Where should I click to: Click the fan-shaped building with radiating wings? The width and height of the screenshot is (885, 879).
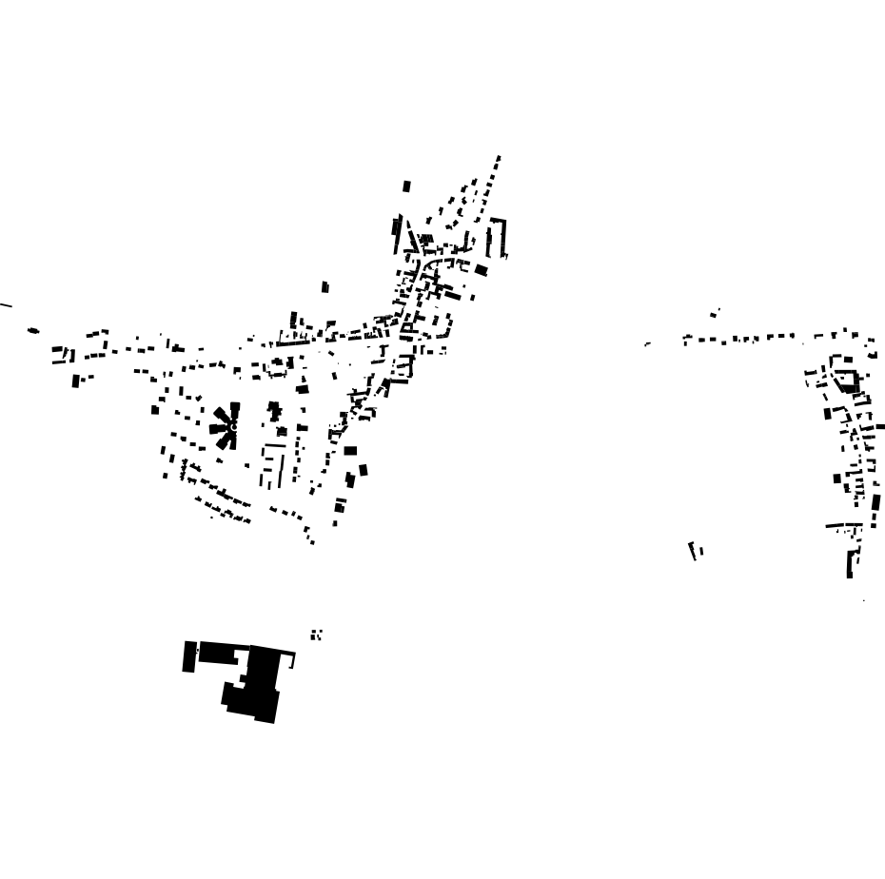(226, 426)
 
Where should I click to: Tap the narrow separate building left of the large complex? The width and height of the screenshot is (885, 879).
(188, 656)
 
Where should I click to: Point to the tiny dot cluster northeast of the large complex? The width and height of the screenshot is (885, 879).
(316, 635)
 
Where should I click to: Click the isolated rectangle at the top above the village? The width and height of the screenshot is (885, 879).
(406, 186)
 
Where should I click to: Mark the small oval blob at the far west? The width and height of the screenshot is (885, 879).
(33, 331)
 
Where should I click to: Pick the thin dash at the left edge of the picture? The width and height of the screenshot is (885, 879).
(5, 305)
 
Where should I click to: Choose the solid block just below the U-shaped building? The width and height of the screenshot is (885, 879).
(482, 270)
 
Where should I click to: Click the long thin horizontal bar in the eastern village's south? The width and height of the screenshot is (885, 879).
(841, 524)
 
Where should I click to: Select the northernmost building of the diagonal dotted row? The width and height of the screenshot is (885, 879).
(498, 158)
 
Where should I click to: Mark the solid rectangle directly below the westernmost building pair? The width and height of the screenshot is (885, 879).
(76, 381)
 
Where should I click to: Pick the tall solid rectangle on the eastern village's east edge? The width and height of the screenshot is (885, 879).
(875, 502)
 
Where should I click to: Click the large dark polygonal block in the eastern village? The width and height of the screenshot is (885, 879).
(847, 381)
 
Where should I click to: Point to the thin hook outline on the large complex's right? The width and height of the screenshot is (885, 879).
(288, 656)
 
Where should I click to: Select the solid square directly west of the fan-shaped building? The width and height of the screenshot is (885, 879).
(155, 410)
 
